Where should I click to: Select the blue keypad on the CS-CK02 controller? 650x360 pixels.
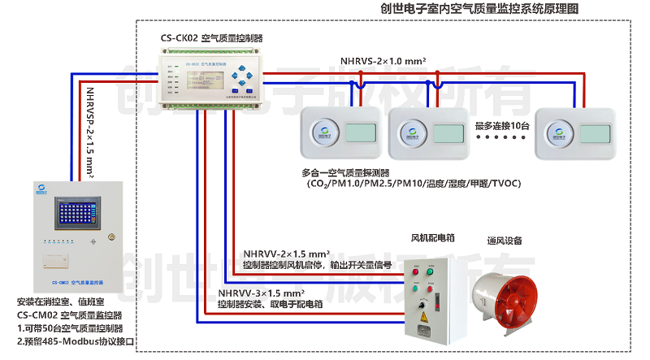click(236, 79)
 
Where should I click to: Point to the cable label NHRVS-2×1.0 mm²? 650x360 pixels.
click(383, 60)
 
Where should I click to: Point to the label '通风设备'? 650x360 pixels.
click(504, 241)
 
